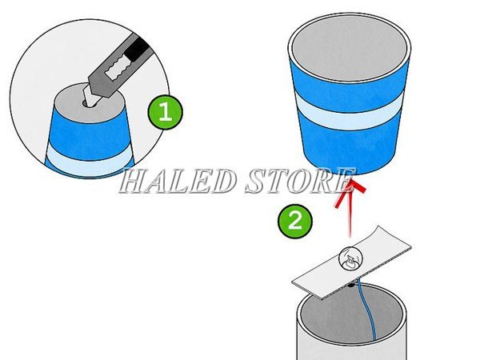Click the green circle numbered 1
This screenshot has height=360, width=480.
(x=165, y=112)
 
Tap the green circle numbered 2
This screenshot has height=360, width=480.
(x=295, y=220)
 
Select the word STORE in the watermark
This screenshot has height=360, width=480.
(x=296, y=182)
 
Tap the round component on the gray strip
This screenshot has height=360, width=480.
(x=350, y=258)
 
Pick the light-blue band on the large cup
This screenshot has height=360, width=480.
(x=350, y=112)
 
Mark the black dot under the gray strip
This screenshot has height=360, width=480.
(x=352, y=282)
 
